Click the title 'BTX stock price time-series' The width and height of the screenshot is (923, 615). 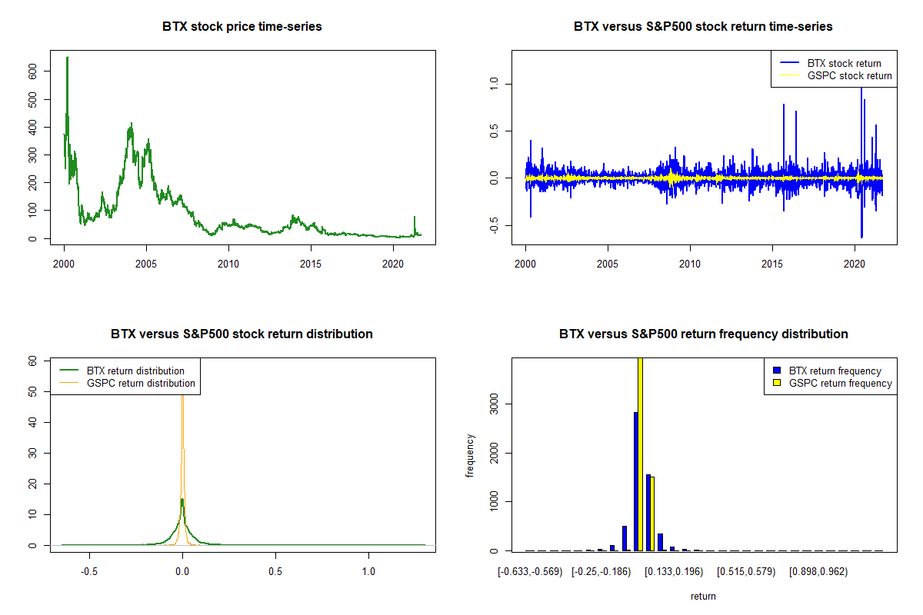[242, 27]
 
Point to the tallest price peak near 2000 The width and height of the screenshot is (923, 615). [67, 58]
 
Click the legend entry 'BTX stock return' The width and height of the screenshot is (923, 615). [844, 63]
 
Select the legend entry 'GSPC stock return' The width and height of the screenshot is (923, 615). [849, 75]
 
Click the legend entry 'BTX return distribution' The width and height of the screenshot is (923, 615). [135, 371]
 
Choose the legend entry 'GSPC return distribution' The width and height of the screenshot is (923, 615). [141, 383]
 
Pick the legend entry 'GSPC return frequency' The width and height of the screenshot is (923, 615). [840, 383]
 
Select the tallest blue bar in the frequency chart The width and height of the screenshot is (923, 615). [635, 481]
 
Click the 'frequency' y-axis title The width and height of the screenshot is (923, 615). [470, 456]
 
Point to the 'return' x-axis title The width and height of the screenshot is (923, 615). [702, 596]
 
